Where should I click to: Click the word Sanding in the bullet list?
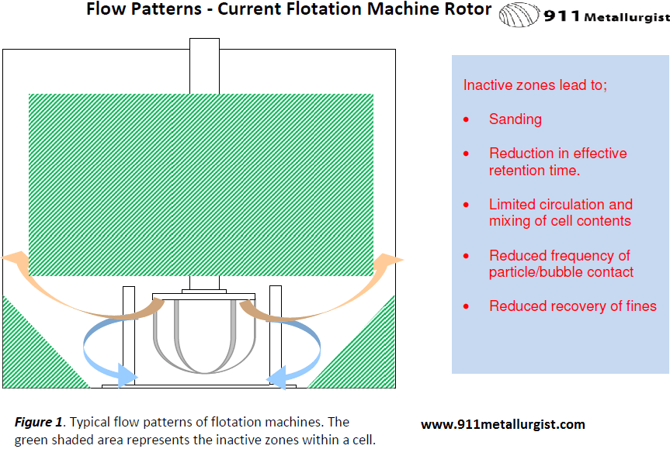(515, 119)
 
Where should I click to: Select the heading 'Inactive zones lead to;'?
(535, 85)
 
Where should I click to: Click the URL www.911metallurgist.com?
(502, 424)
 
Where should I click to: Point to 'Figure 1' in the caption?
(38, 423)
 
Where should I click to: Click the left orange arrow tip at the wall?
(11, 258)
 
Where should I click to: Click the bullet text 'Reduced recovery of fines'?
(572, 306)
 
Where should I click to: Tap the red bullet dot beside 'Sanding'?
(466, 120)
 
